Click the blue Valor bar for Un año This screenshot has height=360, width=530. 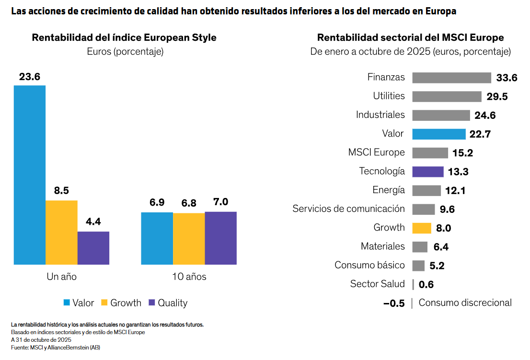click(x=30, y=175)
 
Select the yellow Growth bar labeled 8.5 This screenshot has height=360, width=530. click(x=61, y=232)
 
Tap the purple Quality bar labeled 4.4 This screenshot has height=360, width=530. click(x=93, y=248)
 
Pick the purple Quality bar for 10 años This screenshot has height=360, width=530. click(x=220, y=238)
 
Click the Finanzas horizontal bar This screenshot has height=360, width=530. click(x=451, y=78)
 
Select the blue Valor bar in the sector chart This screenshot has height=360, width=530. click(x=438, y=134)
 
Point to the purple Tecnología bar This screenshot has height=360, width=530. click(x=427, y=172)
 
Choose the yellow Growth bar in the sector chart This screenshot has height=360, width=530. click(x=422, y=228)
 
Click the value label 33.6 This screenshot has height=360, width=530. click(x=507, y=78)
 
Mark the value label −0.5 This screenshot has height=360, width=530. click(x=394, y=303)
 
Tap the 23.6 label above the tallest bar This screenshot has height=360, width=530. click(x=30, y=77)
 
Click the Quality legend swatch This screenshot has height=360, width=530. click(x=152, y=303)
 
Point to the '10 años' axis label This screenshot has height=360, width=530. click(x=189, y=277)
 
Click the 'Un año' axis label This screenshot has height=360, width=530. click(x=61, y=277)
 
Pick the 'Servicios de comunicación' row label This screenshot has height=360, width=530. click(x=348, y=209)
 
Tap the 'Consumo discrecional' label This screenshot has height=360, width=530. click(x=465, y=303)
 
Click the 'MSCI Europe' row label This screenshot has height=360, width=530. click(x=376, y=153)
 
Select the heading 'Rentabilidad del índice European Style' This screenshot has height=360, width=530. click(x=124, y=38)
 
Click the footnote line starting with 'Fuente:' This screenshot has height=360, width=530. click(x=56, y=348)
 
